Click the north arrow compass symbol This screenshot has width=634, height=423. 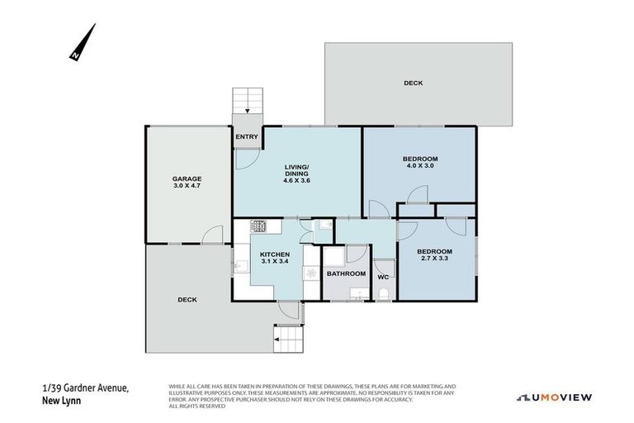click(x=81, y=43)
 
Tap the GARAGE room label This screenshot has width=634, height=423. click(x=187, y=178)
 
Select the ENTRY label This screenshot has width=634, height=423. click(x=247, y=137)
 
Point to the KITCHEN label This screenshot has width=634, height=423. click(x=274, y=254)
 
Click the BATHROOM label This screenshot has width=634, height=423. click(x=345, y=273)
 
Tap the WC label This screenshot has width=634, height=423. click(x=383, y=277)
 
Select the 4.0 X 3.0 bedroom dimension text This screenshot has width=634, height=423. click(x=420, y=166)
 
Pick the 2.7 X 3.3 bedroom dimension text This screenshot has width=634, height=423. click(x=434, y=259)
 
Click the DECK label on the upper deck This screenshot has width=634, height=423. click(x=413, y=83)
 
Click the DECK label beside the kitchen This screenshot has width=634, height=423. click(x=187, y=300)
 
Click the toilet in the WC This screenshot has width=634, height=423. click(x=384, y=292)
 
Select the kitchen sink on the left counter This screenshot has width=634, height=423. click(x=240, y=266)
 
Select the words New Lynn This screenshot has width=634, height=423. click(x=60, y=402)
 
